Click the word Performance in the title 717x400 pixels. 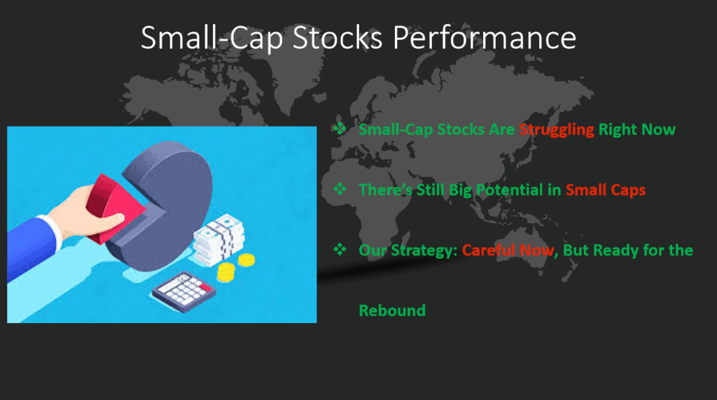[x=485, y=38]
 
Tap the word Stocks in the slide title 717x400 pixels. [x=337, y=38]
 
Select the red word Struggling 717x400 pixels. [x=557, y=129]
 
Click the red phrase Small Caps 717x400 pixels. [x=606, y=190]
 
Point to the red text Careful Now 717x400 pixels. [x=508, y=250]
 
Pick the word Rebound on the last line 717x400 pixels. [x=392, y=310]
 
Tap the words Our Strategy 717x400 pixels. [x=408, y=250]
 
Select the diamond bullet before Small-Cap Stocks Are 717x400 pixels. [x=340, y=128]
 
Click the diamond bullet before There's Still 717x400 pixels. [x=340, y=189]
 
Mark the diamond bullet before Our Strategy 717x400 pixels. [x=340, y=249]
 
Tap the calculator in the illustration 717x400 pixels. [x=184, y=292]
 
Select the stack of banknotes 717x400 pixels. [x=218, y=240]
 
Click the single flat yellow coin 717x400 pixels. [x=246, y=260]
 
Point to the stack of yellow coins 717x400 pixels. [x=225, y=272]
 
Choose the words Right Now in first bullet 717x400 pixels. [x=637, y=129]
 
